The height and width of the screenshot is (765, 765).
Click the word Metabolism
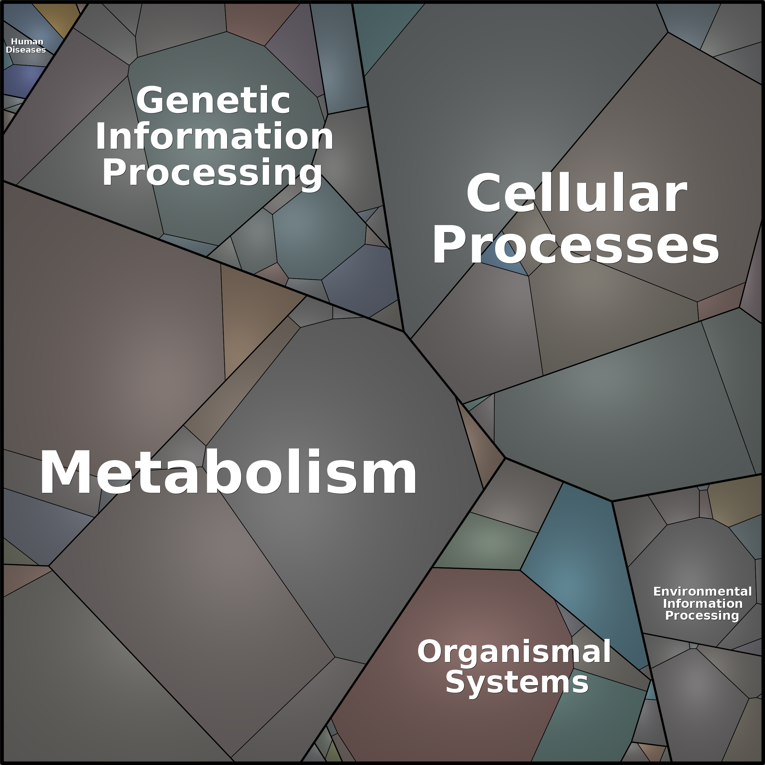coord(228,472)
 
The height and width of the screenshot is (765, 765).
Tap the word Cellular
coord(576,193)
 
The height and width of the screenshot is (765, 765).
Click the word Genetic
coord(213,100)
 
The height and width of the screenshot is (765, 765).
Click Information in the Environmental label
coord(703,604)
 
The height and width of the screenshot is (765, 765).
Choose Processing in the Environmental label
coord(702,616)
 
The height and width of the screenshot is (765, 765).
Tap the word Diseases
coord(26,50)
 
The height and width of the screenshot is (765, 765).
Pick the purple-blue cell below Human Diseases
coord(24,81)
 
